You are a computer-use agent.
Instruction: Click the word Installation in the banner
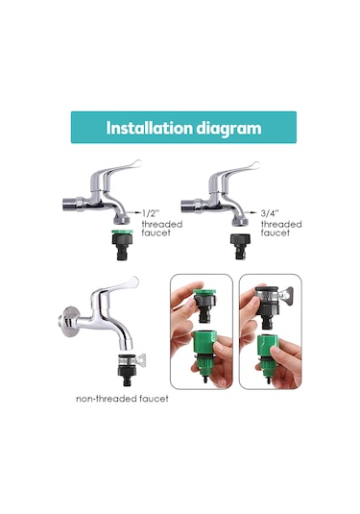coord(150,128)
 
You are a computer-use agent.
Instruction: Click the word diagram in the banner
coord(228,129)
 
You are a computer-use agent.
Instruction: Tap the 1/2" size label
coord(151,213)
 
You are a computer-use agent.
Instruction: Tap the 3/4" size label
coord(270,213)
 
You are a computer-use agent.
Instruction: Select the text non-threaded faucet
coord(122,399)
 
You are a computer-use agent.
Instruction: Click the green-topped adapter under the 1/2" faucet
coord(123,244)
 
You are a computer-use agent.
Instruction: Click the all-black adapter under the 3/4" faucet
coord(240,246)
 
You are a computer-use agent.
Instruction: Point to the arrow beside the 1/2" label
coord(135,212)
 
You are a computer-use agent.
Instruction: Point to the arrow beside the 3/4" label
coord(252,212)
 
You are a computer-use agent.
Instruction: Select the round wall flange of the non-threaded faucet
coord(68,322)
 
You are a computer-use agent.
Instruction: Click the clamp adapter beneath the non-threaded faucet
coord(130,370)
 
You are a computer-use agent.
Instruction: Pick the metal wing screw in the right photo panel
coord(288,295)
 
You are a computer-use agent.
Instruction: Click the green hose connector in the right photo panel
coord(266,358)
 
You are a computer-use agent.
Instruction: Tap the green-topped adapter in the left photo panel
coord(204,305)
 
